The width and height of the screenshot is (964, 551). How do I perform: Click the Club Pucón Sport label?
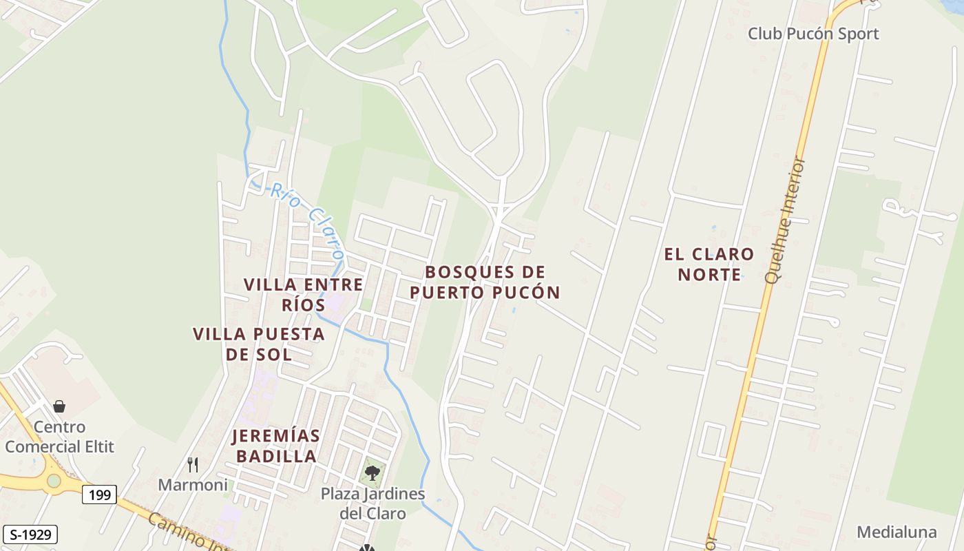[x=813, y=33]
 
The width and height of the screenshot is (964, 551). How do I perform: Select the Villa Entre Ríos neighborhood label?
[x=303, y=294]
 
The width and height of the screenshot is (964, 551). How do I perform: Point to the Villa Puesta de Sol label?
[x=258, y=344]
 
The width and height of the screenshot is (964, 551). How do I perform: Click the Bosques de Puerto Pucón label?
[x=485, y=282]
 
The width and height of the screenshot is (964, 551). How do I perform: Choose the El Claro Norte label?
[x=709, y=264]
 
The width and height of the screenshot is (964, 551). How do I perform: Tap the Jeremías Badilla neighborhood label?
[x=275, y=446]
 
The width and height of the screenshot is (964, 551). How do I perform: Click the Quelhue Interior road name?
[x=786, y=220]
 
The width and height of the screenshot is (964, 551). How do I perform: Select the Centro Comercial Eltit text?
[x=59, y=437]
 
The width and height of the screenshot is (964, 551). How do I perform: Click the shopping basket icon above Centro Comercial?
[x=59, y=406]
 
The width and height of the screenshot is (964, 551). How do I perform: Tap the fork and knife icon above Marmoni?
[x=193, y=465]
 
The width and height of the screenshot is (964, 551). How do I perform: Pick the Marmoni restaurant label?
[x=193, y=485]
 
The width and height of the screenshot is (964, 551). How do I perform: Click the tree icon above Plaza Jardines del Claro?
[x=373, y=472]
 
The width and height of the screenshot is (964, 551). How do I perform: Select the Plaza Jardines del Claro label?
[x=373, y=503]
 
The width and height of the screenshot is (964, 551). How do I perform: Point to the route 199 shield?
[x=99, y=494]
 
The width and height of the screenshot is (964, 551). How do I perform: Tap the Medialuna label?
[x=897, y=532]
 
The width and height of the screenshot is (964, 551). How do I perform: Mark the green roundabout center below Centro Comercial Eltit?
[x=54, y=480]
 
